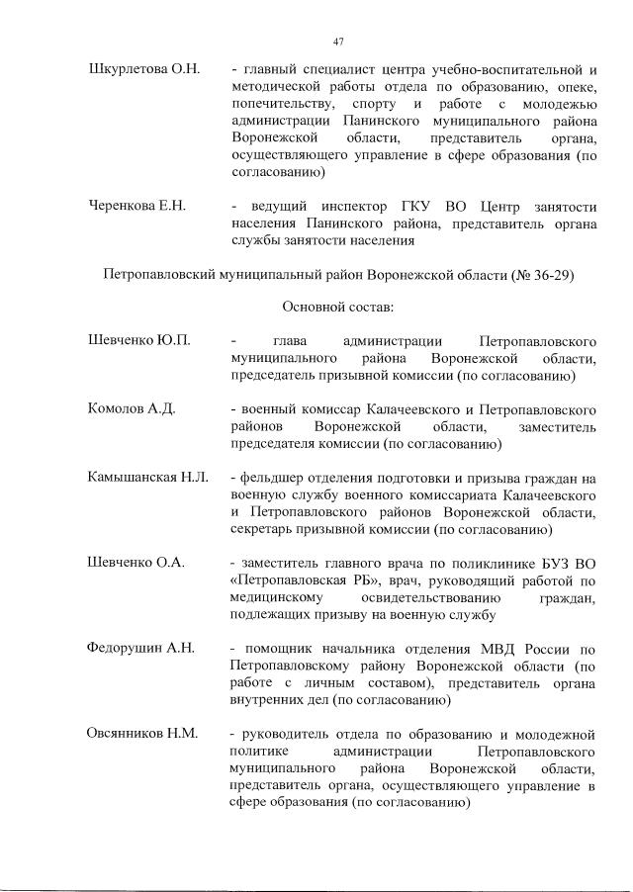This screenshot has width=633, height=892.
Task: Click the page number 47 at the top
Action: pyautogui.click(x=337, y=41)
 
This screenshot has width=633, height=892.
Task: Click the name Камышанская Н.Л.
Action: pyautogui.click(x=146, y=478)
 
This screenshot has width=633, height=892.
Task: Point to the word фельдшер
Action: pyautogui.click(x=273, y=478)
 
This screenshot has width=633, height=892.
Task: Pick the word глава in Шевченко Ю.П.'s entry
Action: pyautogui.click(x=292, y=341)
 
